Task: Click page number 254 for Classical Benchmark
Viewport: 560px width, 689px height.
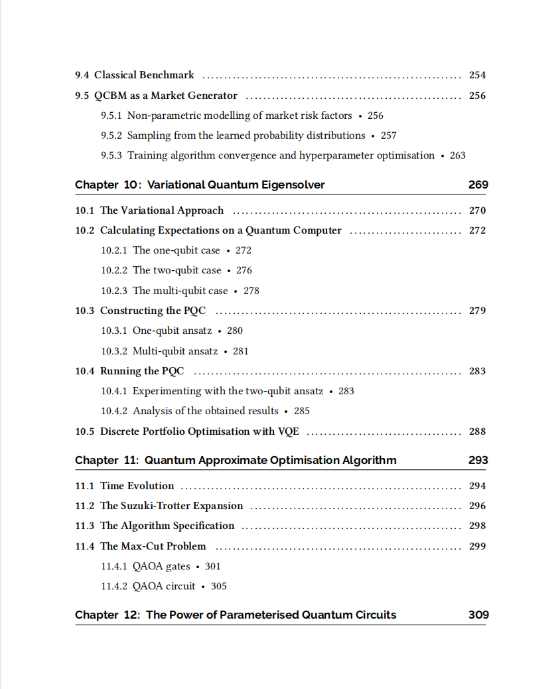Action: (477, 75)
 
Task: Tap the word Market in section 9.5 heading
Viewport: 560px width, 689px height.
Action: (170, 96)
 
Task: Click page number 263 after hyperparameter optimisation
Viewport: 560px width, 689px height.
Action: (458, 155)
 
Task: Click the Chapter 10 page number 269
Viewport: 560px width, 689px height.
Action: (478, 185)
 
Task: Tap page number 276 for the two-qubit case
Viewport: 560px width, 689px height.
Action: (244, 270)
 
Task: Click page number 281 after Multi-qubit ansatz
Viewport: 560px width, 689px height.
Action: (241, 351)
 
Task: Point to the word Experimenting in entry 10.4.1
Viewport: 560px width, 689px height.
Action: (167, 391)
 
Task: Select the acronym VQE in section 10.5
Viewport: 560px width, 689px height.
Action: (289, 431)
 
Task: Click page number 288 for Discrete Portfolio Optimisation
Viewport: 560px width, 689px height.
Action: (477, 431)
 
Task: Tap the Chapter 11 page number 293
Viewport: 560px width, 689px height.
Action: (478, 460)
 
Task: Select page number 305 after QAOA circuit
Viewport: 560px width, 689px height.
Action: (219, 586)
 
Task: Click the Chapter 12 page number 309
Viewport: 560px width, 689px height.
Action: (478, 615)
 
